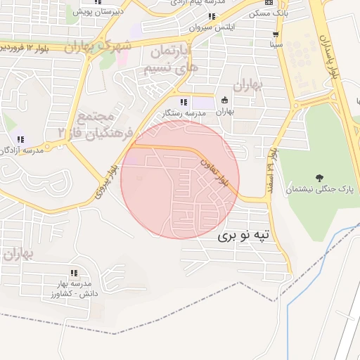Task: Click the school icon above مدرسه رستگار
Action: point(184,101)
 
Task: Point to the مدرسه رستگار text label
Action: point(184,112)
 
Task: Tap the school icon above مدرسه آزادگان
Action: point(20,139)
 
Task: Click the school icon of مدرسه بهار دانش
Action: point(73,273)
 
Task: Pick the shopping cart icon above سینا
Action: point(275,34)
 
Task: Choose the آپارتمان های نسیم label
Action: point(171,60)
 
